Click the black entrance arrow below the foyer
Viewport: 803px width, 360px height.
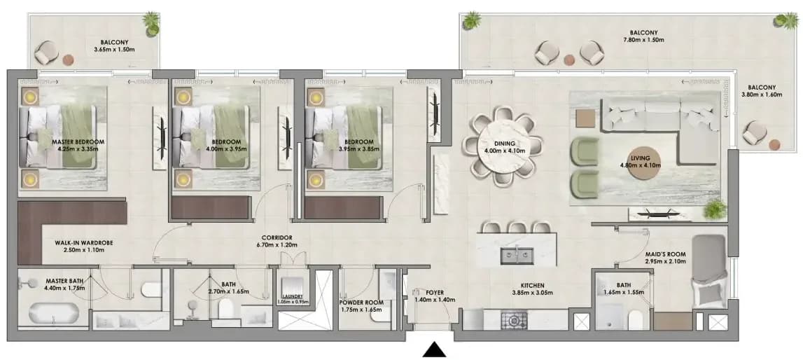(435, 349)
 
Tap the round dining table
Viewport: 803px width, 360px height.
(502, 146)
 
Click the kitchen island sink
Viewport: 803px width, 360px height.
(517, 255)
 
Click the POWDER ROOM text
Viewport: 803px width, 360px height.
(361, 302)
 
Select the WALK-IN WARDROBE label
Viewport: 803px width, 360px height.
(83, 243)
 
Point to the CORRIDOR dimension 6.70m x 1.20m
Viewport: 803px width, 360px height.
(277, 244)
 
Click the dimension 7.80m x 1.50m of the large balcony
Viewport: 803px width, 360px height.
(644, 39)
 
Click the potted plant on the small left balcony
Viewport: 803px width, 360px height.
(151, 25)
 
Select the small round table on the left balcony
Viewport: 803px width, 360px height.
(68, 60)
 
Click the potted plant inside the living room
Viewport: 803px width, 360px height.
(715, 209)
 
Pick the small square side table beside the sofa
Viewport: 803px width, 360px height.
(585, 118)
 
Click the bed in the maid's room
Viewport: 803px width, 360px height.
(709, 272)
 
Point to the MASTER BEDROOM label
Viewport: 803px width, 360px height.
(78, 142)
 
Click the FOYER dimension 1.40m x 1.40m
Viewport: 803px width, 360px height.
(434, 300)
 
